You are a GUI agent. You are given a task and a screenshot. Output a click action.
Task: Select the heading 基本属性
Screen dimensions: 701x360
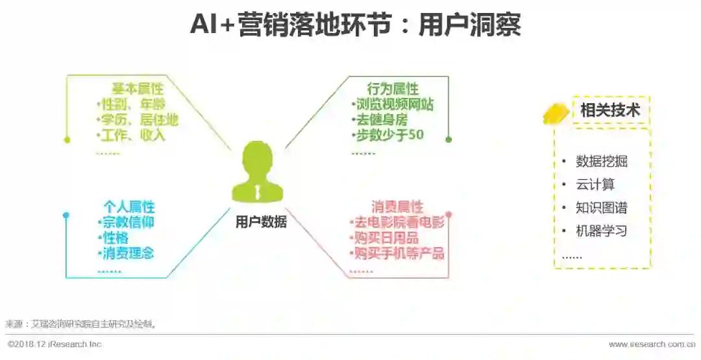(138, 89)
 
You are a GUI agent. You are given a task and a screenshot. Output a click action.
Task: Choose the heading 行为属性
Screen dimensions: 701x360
(393, 89)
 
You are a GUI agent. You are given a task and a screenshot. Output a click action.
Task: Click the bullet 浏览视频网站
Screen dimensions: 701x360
(393, 104)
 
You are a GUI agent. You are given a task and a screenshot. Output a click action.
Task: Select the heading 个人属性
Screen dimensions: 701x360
(129, 207)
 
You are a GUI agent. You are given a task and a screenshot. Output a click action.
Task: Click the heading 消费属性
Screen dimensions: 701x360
(397, 207)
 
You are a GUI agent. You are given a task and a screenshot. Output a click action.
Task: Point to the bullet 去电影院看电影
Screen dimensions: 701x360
(397, 222)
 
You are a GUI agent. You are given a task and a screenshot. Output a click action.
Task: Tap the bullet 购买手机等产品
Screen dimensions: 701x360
(397, 253)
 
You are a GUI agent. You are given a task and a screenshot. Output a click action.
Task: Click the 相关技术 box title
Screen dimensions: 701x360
(609, 110)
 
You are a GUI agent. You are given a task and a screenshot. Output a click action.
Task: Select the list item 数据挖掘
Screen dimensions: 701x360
(602, 162)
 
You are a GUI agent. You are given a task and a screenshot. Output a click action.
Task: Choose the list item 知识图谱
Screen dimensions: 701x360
(602, 208)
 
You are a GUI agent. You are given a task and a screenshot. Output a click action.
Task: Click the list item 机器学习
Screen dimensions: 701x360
(602, 231)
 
